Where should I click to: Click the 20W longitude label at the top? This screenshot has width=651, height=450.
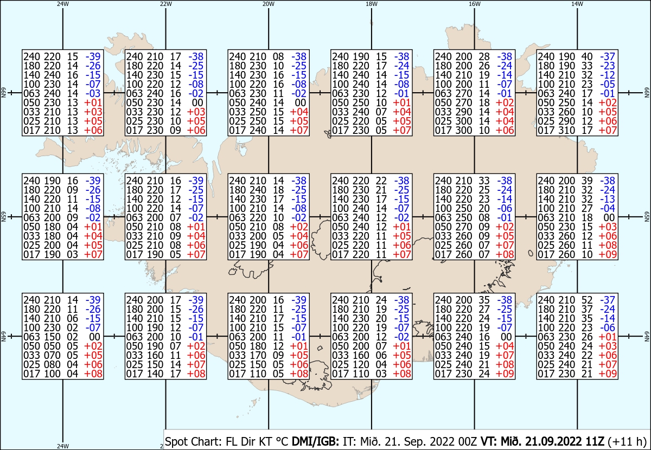pyautogui.click(x=268, y=4)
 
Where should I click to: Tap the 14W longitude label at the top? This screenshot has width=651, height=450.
pyautogui.click(x=577, y=4)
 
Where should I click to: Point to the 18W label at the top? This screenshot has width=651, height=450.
pyautogui.click(x=372, y=4)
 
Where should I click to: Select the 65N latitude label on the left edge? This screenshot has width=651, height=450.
pyautogui.click(x=3, y=217)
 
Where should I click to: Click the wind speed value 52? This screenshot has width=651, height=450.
pyautogui.click(x=587, y=300)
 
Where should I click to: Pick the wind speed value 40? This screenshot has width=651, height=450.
pyautogui.click(x=587, y=56)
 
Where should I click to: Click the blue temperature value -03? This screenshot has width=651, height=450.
pyautogui.click(x=93, y=94)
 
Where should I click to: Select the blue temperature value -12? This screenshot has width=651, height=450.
pyautogui.click(x=608, y=75)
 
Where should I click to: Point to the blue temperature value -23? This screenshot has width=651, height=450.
pyautogui.click(x=608, y=66)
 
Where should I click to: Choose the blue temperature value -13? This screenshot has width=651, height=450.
pyautogui.click(x=608, y=199)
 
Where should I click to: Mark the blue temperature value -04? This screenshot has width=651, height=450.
pyautogui.click(x=608, y=208)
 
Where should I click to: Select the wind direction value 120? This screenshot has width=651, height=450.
pyautogui.click(x=361, y=364)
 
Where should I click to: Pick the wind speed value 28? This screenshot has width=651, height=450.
pyautogui.click(x=484, y=56)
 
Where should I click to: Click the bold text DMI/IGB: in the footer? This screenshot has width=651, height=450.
pyautogui.click(x=315, y=441)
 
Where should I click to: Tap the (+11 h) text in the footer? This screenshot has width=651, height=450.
pyautogui.click(x=627, y=441)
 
